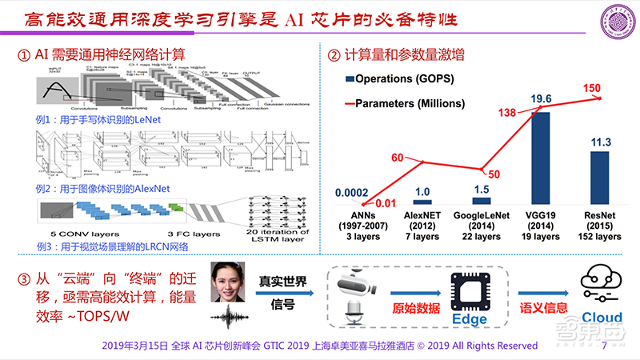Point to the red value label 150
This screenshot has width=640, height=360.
pos(592,87)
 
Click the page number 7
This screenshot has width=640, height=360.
pos(604,346)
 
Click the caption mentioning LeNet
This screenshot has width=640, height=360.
pos(99,118)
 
